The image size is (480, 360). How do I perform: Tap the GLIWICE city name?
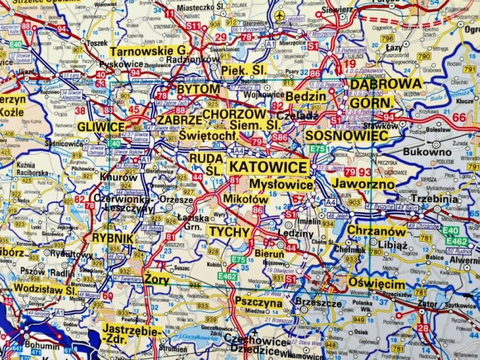click(101, 127)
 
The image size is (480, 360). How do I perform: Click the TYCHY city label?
click(225, 231)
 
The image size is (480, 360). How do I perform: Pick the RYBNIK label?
click(113, 238)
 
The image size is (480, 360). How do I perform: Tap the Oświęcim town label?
click(377, 284)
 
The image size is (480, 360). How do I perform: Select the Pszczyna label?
click(259, 301)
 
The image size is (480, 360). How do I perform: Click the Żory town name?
click(156, 280)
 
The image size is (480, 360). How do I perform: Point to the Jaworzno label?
click(363, 183)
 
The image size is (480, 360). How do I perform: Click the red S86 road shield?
click(280, 137)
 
